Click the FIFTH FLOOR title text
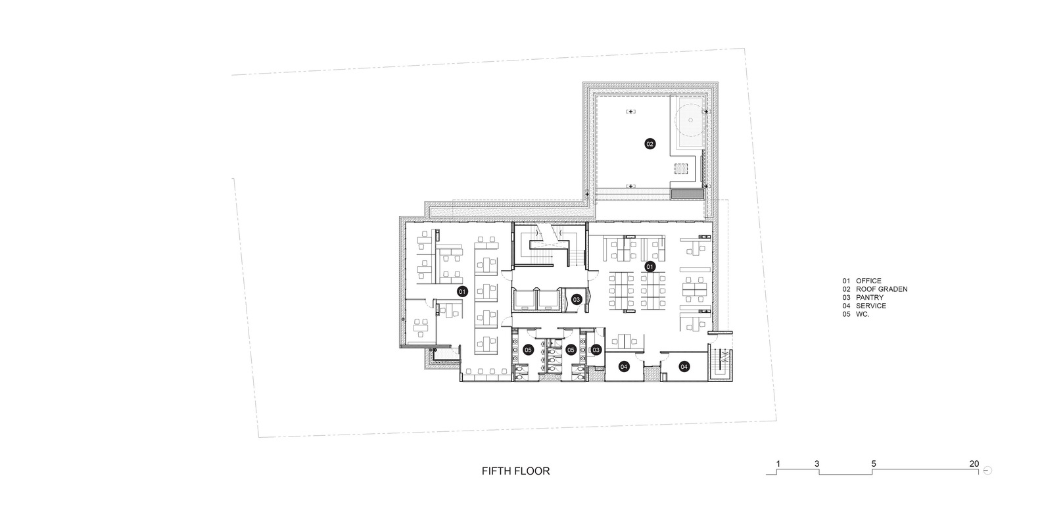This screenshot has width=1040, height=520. (x=515, y=471)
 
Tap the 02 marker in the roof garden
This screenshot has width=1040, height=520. (x=650, y=144)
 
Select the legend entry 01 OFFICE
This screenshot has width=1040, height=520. (x=862, y=281)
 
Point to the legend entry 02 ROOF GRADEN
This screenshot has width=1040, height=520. (x=875, y=289)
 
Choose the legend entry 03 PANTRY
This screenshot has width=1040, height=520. (x=863, y=298)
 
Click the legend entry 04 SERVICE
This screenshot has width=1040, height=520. (x=864, y=306)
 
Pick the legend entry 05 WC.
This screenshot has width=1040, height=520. (x=856, y=314)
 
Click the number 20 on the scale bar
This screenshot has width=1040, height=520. (x=974, y=463)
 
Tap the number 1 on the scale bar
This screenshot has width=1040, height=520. (x=778, y=463)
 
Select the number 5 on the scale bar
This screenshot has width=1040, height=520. (x=873, y=463)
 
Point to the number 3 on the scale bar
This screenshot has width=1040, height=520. (x=816, y=463)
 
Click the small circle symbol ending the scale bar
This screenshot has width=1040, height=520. (x=987, y=470)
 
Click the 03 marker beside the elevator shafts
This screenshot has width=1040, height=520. (x=576, y=300)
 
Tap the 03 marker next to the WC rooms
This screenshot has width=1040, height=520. (x=596, y=350)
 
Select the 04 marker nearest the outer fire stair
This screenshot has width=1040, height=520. (x=684, y=367)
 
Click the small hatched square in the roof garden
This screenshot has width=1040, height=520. (x=681, y=168)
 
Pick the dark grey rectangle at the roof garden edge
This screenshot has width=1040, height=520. (x=688, y=195)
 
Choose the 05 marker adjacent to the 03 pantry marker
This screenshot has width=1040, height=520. (x=571, y=350)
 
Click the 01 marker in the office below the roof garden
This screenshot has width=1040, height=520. (x=650, y=266)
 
